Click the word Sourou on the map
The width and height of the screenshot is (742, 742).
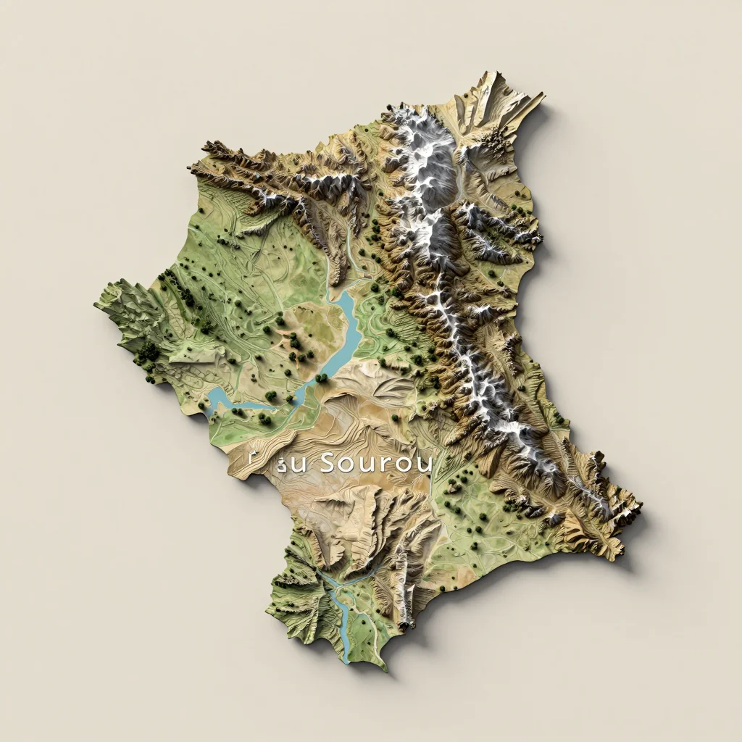(375, 463)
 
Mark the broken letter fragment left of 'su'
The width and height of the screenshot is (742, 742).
(254, 458)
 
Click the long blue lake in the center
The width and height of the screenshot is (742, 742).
(346, 330)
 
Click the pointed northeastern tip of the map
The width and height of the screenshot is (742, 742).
(540, 95)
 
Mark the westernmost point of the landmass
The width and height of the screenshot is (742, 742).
(96, 304)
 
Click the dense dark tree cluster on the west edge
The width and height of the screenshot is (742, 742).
(149, 353)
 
